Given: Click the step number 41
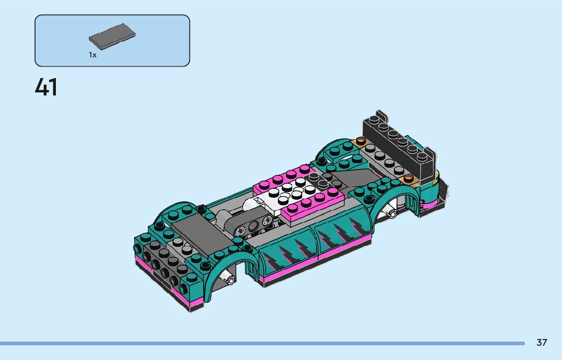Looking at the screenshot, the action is tap(46, 87).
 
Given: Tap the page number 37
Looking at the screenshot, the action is tap(542, 342).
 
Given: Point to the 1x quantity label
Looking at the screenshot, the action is tap(92, 55).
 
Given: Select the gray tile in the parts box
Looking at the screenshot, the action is tap(112, 37).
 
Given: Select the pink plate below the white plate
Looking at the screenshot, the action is tap(313, 206).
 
